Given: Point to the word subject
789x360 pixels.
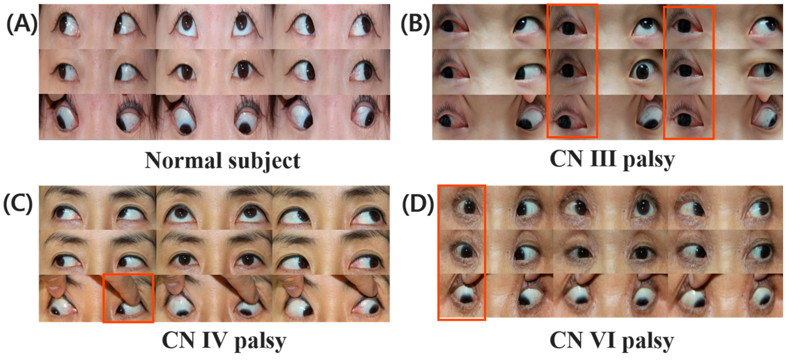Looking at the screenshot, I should [264, 161].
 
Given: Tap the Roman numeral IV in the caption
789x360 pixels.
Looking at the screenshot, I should [214, 340].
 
